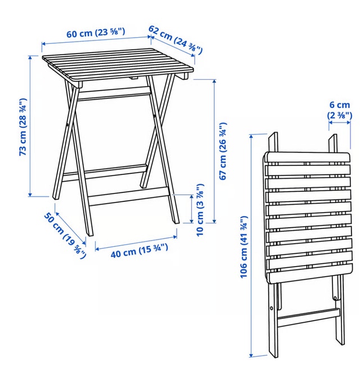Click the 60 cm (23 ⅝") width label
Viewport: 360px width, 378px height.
pyautogui.click(x=96, y=33)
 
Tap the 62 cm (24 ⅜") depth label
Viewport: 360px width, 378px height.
pyautogui.click(x=175, y=39)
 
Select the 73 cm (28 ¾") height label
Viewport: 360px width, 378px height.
pyautogui.click(x=22, y=127)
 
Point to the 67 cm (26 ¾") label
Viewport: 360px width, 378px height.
pyautogui.click(x=223, y=151)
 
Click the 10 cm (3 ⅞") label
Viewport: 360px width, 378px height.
pyautogui.click(x=200, y=210)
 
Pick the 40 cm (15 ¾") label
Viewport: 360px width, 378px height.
pyautogui.click(x=139, y=251)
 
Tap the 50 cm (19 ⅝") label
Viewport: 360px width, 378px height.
pyautogui.click(x=65, y=236)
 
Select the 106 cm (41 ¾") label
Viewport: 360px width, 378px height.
pyautogui.click(x=244, y=246)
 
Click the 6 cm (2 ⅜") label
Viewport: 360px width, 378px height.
pyautogui.click(x=340, y=110)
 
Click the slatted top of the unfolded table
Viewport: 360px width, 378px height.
pyautogui.click(x=118, y=65)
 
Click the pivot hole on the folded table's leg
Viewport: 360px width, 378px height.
pyautogui.click(x=272, y=308)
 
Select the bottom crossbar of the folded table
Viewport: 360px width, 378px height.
pyautogui.click(x=309, y=317)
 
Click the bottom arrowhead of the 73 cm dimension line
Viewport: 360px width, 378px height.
pyautogui.click(x=30, y=195)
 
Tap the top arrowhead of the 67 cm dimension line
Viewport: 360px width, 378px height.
pyautogui.click(x=214, y=82)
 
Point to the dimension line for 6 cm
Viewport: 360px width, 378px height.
pyautogui.click(x=340, y=123)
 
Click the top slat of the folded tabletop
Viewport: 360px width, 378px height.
pyautogui.click(x=308, y=157)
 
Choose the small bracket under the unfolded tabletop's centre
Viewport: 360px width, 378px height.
pyautogui.click(x=133, y=78)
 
